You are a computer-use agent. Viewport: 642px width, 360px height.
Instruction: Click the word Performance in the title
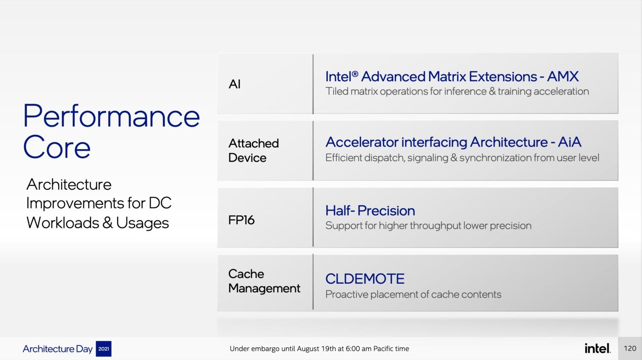point(111,116)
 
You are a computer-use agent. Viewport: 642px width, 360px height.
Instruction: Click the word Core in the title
point(57,147)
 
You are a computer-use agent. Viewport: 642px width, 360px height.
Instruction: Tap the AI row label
point(235,84)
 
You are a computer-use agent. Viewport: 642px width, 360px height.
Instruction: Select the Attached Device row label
point(253,151)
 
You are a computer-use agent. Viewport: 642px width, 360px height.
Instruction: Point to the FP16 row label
point(241,220)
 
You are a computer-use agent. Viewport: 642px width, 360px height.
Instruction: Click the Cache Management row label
point(264,281)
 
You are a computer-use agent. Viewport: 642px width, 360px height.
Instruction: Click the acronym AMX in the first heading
point(563,76)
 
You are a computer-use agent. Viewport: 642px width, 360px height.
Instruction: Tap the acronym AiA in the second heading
point(569,142)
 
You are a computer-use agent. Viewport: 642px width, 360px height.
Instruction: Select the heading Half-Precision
point(370,210)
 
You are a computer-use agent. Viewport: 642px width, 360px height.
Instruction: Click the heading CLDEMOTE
point(365,279)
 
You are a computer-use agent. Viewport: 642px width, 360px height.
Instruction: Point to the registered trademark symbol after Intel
point(355,74)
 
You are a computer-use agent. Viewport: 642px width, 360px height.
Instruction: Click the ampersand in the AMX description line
point(492,92)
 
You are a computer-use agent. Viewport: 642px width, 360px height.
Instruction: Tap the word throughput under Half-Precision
point(435,226)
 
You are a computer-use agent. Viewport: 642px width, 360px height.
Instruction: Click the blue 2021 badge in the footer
point(103,349)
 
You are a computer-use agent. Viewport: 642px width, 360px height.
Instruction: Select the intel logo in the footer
point(598,348)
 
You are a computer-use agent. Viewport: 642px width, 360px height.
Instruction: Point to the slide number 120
point(630,348)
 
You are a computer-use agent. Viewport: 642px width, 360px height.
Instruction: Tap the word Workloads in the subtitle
point(62,223)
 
